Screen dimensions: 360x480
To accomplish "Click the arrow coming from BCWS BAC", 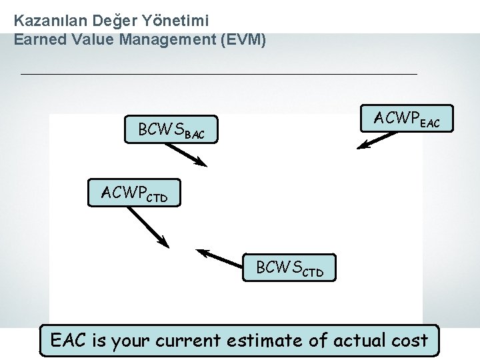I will (186, 154).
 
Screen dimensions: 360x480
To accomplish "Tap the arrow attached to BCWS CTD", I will (221, 257).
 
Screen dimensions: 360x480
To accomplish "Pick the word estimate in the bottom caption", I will (273, 340).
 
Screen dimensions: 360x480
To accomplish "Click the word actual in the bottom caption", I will (355, 340).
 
